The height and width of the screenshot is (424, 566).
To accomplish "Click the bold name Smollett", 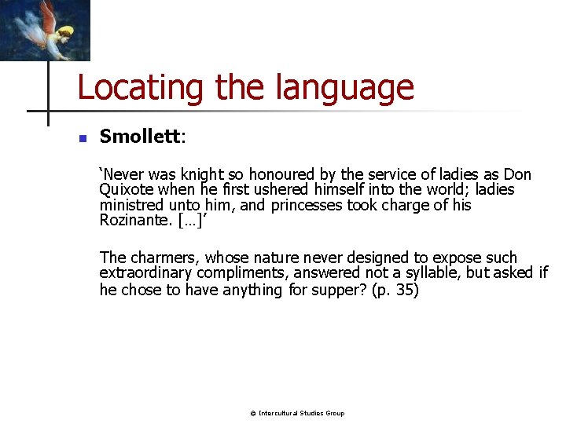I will pos(140,137).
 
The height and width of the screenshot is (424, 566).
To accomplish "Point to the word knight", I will pos(201,174).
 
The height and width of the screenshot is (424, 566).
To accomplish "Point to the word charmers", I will pos(160,258).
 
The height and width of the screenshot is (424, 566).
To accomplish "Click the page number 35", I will pos(406,290).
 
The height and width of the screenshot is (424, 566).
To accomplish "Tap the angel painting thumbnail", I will pos(45,30).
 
